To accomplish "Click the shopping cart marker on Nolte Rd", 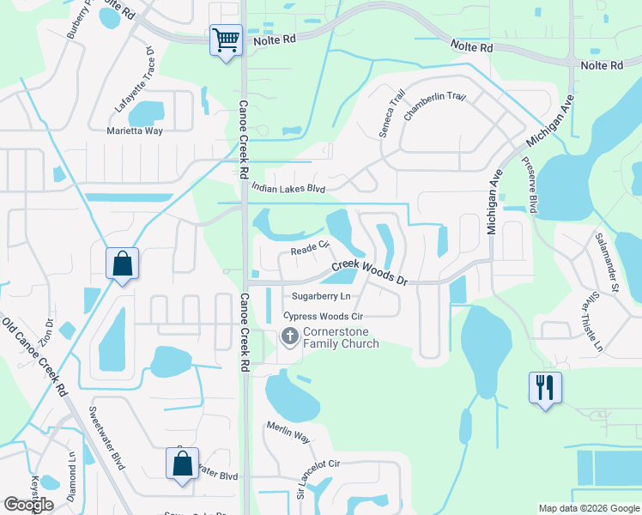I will (x=226, y=40).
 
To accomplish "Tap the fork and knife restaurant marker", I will (x=545, y=387).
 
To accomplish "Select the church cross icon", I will (x=289, y=337).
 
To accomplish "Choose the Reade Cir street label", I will (x=310, y=249).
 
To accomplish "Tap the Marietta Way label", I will (x=135, y=131).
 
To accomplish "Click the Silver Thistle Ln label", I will (x=592, y=324).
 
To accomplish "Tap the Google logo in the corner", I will (x=29, y=505).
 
